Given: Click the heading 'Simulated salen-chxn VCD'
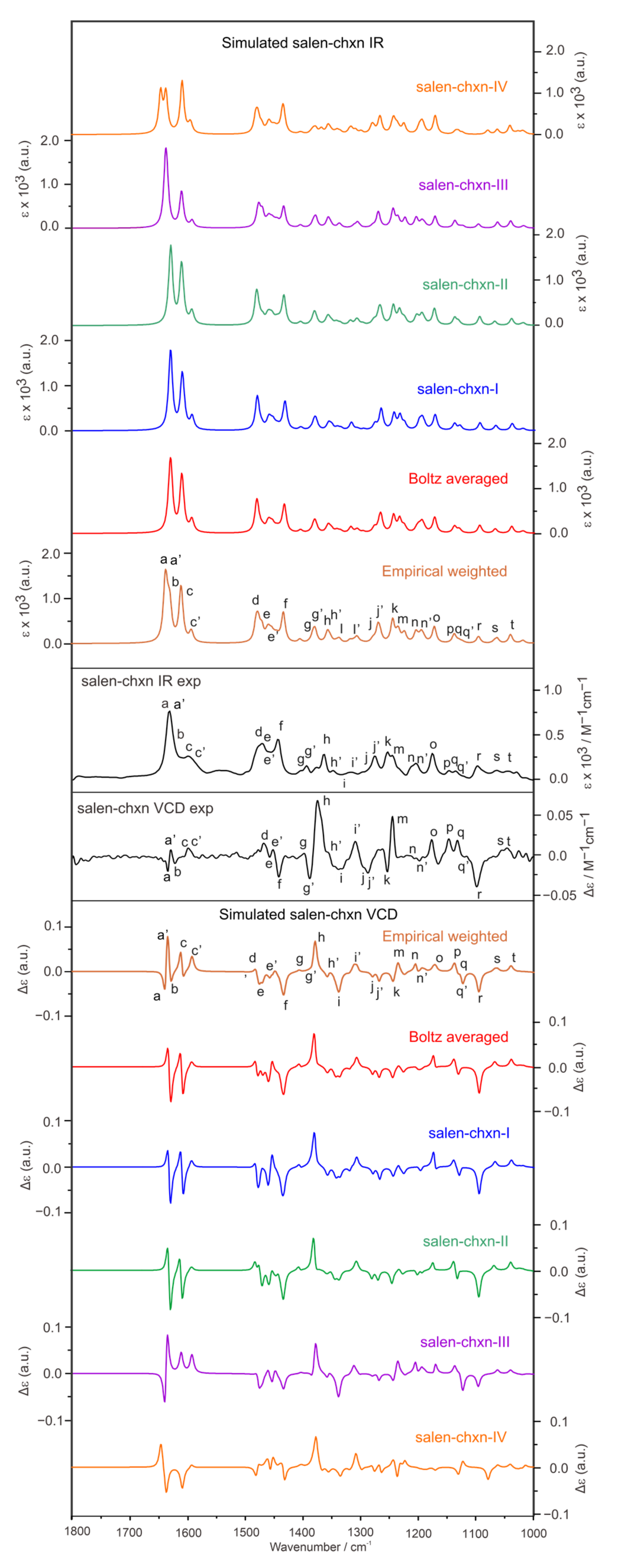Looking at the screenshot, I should [x=308, y=914].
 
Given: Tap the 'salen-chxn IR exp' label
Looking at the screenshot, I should [x=141, y=681].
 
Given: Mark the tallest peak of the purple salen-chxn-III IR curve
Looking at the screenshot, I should [x=166, y=149].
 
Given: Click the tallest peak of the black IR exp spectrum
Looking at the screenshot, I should [x=169, y=712].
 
